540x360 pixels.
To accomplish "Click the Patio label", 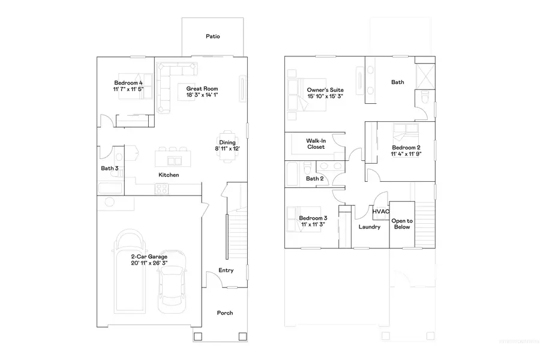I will click(212, 37).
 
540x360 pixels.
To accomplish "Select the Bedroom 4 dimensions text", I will click(128, 89).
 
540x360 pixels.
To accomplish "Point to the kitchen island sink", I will click(176, 160).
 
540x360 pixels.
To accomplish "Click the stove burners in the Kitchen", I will click(162, 188).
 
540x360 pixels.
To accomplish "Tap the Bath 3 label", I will click(109, 169).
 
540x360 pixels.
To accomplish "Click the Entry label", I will click(226, 271).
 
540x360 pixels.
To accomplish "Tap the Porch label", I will click(224, 313).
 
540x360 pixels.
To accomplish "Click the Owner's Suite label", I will click(325, 89).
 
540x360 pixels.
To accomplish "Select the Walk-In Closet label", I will click(316, 143).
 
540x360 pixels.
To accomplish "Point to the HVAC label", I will click(380, 212).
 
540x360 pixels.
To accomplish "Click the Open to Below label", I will click(401, 224).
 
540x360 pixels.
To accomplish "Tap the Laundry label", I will click(370, 227).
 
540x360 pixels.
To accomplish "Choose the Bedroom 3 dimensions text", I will click(313, 224).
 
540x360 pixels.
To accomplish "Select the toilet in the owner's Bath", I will click(424, 97).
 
